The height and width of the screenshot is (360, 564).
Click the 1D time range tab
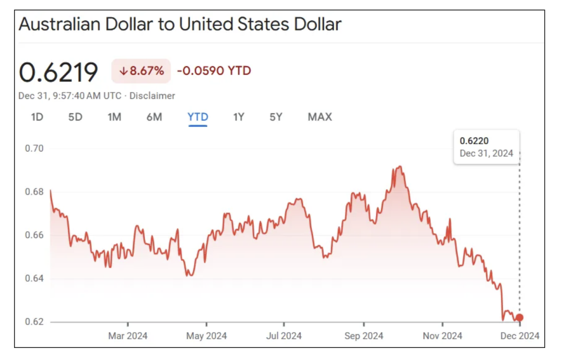(37, 117)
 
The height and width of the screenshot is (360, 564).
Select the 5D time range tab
(75, 117)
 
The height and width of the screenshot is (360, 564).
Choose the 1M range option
(114, 117)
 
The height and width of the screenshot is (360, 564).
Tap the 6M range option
(154, 117)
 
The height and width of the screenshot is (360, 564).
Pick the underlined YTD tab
(198, 117)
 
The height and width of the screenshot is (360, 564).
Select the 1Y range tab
(239, 117)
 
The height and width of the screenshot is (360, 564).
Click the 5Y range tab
(276, 117)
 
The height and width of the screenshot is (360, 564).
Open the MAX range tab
(320, 117)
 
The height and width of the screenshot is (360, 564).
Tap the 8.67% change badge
(141, 71)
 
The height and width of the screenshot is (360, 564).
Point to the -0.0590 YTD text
(214, 71)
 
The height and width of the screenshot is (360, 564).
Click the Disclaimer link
(152, 96)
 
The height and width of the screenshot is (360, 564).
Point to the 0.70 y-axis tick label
(34, 148)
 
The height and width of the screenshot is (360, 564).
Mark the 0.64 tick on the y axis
(34, 278)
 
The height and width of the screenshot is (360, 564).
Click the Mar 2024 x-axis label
(127, 336)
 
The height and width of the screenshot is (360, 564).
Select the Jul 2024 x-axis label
(284, 336)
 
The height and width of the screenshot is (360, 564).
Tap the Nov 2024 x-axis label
(442, 336)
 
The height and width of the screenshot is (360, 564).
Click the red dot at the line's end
(519, 318)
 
